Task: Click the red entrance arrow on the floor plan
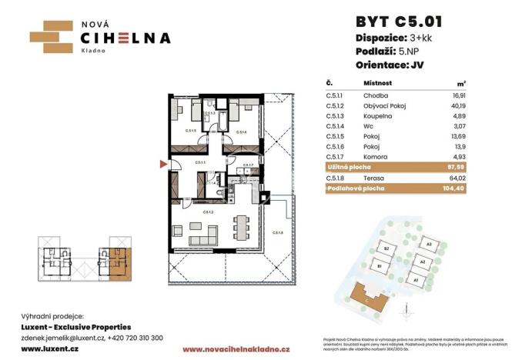[x=161, y=163]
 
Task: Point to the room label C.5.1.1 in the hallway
[x=199, y=163]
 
